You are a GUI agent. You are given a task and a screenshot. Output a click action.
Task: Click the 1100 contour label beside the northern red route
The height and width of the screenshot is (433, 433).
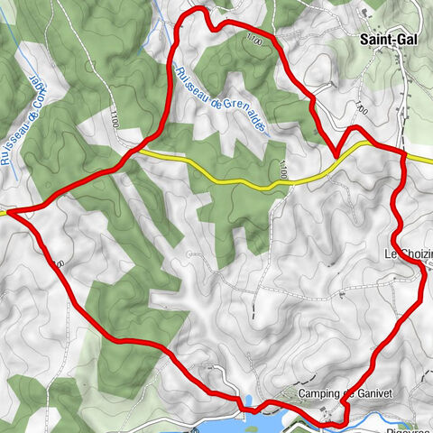[253, 39]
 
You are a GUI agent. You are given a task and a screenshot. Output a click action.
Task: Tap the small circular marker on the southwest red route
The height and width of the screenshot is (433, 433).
[60, 264]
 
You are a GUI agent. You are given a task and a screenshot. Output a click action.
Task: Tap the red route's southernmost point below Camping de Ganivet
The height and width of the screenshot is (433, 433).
[338, 421]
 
